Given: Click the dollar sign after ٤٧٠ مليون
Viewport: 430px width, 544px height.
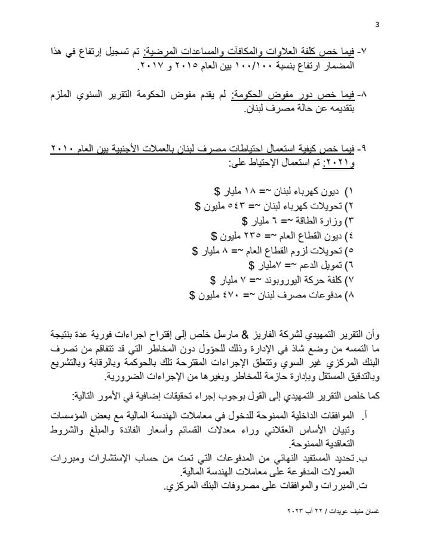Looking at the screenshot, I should point(192,294).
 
